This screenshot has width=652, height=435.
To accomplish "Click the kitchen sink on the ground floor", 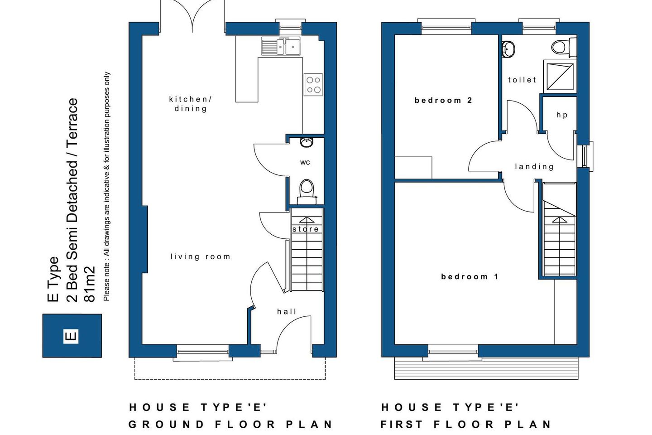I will coord(281,46).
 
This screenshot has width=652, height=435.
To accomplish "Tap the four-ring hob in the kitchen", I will coord(313,85).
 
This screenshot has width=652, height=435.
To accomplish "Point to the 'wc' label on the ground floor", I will coord(305,162).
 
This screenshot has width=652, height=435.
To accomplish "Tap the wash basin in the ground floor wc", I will coord(307,142).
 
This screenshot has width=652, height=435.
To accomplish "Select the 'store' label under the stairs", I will coord(306,229).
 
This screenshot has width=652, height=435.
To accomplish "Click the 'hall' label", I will coord(287,312).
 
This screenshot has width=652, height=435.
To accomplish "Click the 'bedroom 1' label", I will coord(470,276).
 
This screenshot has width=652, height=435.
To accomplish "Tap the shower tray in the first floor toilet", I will coord(560,76).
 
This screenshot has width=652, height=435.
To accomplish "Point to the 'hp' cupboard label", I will coord(562,115).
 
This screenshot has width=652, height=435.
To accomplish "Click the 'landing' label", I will coord(534,167).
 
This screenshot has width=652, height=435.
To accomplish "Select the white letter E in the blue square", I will coord(71,336).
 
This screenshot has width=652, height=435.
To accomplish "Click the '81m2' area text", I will coord(90,284).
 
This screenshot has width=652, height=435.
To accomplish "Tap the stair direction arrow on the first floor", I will coord(560,221).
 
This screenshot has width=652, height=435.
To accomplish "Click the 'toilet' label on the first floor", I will coord(522,80).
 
